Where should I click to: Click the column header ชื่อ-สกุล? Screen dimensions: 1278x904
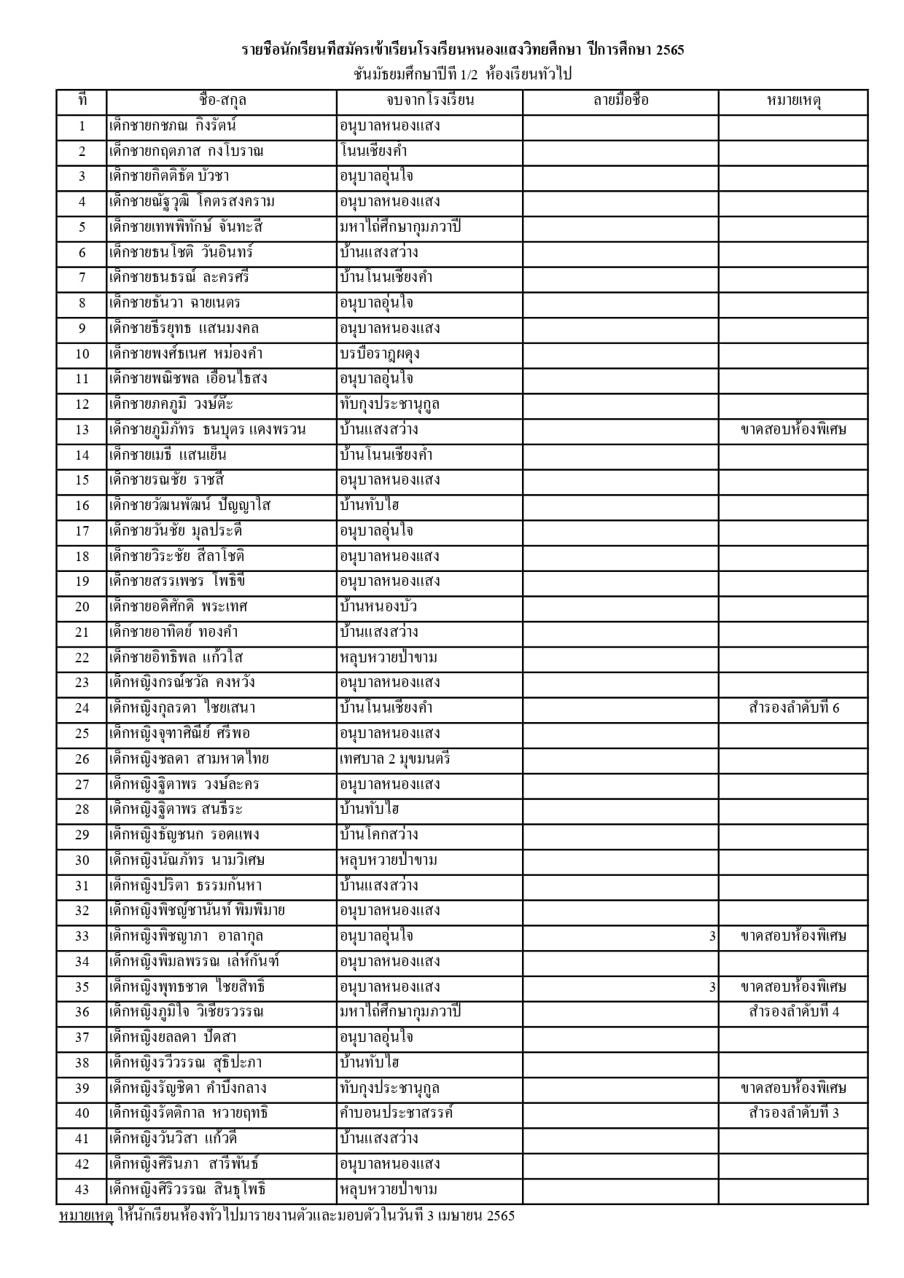[x=222, y=101]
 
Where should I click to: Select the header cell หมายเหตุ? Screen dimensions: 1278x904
[x=793, y=101]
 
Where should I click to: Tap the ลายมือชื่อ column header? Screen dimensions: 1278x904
[x=620, y=101]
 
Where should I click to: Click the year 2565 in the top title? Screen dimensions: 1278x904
[x=670, y=51]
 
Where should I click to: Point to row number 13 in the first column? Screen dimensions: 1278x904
[x=82, y=430]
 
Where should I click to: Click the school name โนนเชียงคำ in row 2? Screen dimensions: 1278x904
[x=373, y=152]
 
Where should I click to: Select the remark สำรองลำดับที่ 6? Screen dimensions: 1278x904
[x=793, y=708]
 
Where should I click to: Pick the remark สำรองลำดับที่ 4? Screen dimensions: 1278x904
[x=793, y=1012]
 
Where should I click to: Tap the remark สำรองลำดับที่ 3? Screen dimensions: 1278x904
[x=793, y=1113]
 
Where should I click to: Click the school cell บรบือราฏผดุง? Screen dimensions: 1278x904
[x=380, y=354]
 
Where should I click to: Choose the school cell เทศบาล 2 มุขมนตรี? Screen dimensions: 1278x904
[x=395, y=759]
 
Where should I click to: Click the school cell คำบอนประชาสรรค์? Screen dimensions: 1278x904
[x=397, y=1113]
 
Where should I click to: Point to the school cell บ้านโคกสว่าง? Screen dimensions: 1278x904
[x=379, y=835]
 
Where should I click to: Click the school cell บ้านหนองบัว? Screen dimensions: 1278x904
[x=378, y=607]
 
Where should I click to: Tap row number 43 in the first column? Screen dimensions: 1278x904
[x=82, y=1190]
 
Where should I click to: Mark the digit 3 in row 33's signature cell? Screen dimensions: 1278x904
[x=712, y=937]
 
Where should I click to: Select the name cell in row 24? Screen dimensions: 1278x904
[x=182, y=708]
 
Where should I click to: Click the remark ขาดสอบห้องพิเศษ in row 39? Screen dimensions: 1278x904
[x=793, y=1089]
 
